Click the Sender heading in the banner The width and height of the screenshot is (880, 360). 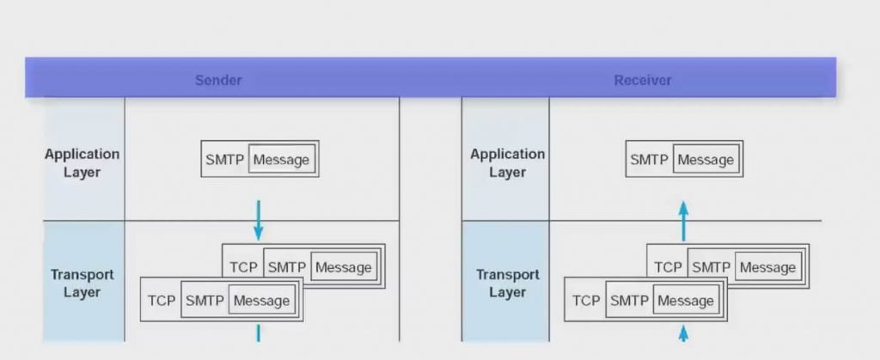tap(218, 80)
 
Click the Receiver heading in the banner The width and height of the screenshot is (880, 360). tap(643, 80)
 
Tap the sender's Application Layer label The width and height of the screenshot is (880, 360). tap(82, 162)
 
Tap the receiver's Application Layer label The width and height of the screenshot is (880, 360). tap(507, 162)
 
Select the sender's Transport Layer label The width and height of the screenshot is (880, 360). tap(82, 284)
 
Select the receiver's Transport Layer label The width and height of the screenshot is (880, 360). tap(507, 284)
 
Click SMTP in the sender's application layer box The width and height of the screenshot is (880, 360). tap(224, 160)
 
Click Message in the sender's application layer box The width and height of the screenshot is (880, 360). tap(281, 160)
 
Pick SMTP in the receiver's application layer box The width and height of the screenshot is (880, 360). tap(649, 160)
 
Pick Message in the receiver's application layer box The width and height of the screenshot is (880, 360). tap(706, 160)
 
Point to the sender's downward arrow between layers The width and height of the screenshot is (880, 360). tap(258, 220)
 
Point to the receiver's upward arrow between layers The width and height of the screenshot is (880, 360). tap(683, 221)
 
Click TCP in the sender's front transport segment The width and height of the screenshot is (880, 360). tap(162, 301)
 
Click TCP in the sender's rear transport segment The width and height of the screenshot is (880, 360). tap(243, 267)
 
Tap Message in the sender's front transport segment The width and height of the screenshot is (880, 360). tap(261, 301)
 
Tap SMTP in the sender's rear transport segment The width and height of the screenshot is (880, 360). tap(287, 267)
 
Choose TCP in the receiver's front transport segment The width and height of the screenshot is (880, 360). tap(586, 301)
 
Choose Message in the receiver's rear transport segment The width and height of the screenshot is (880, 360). tap(767, 267)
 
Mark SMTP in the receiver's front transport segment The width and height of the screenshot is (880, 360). tap(629, 301)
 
